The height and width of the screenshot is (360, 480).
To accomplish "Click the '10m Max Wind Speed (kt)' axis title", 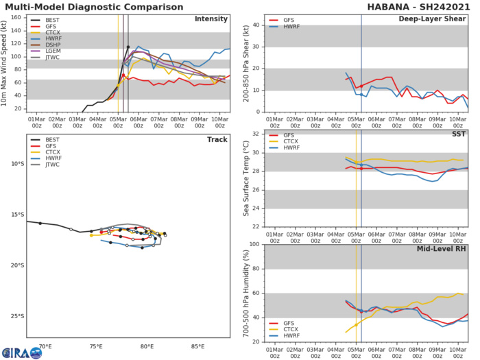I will pos(6,62).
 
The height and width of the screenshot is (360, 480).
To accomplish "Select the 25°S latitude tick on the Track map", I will pos(15,317).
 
